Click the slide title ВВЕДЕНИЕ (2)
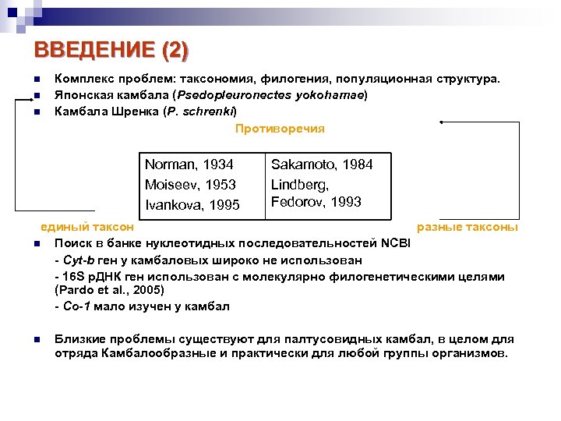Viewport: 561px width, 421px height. point(111,51)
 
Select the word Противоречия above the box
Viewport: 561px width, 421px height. point(280,128)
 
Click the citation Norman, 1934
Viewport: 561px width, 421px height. point(189,165)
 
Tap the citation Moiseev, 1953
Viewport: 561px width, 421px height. point(190,185)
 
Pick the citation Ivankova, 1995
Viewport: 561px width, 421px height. point(192,206)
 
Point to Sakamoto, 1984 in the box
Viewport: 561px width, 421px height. point(322,165)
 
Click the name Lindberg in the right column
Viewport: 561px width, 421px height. point(299,185)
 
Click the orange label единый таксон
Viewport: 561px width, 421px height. point(87,227)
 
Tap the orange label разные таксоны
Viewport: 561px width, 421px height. point(467,227)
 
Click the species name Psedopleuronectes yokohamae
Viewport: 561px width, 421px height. point(264,95)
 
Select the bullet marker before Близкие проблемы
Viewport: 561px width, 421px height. point(37,339)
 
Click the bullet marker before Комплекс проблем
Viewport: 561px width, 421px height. point(37,80)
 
